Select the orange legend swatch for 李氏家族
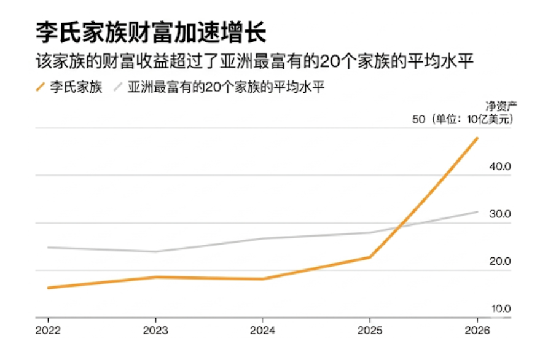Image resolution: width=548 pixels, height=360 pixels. coord(42,87)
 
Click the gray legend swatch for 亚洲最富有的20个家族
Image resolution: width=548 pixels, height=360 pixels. coord(119,87)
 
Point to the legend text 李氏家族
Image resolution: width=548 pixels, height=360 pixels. coord(76,87)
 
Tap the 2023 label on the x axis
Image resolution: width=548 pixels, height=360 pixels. coord(155,330)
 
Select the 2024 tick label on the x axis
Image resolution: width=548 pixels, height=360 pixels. coord(262,330)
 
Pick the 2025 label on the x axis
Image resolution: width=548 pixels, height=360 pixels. coord(370,330)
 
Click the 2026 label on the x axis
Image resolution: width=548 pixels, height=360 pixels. coord(477,330)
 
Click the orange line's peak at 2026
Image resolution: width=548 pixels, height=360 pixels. coord(477,138)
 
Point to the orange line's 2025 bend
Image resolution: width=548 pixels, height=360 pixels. coord(370,257)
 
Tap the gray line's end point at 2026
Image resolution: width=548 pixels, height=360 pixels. coord(477,212)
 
